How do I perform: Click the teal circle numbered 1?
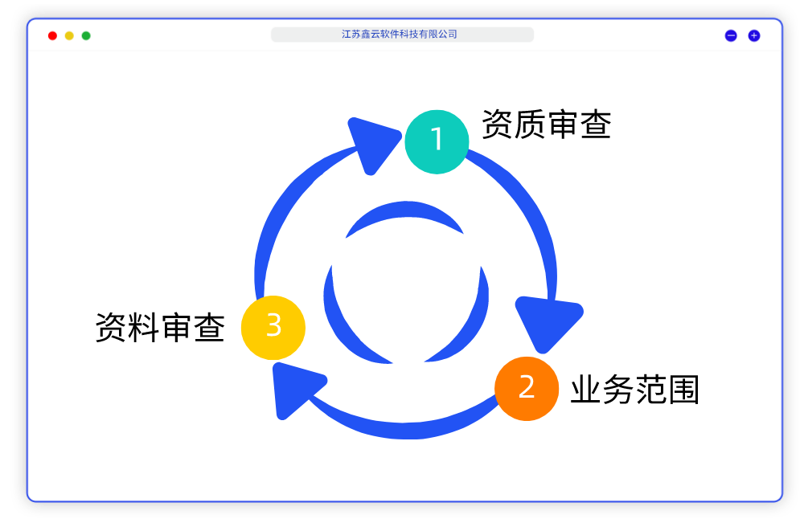pos(437,141)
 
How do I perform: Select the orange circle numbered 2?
pos(527,389)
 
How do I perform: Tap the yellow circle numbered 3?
pos(273,328)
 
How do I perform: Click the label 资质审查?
pos(547,125)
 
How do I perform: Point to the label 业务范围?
pos(634,390)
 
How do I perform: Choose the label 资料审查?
pos(160,328)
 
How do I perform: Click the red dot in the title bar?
pos(52,35)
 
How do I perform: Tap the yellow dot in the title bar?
pos(69,35)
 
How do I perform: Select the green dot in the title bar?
pos(86,35)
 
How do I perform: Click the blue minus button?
pos(731,35)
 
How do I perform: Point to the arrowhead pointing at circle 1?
pos(371,142)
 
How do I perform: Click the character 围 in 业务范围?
pos(683,390)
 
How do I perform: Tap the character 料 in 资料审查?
pos(144,328)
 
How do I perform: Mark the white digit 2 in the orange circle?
pos(527,388)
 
